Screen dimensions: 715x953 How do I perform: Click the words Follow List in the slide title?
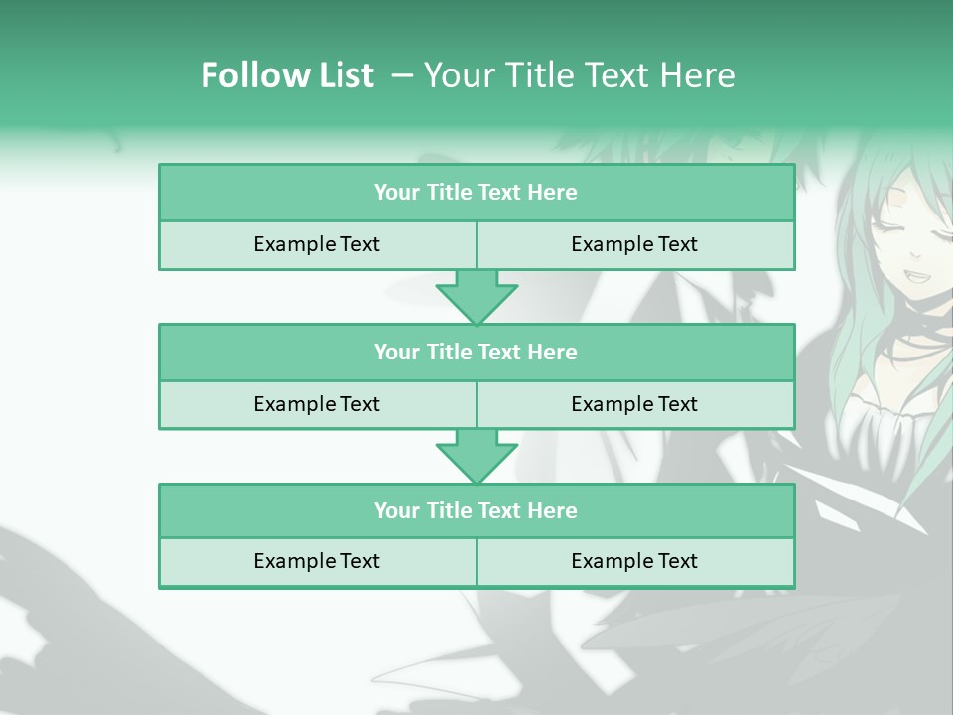tap(287, 75)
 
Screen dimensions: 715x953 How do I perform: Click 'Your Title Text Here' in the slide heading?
tap(579, 75)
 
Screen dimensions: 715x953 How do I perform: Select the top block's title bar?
tap(476, 193)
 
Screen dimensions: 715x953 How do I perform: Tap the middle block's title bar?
tap(476, 353)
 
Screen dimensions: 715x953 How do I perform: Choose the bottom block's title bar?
tap(476, 511)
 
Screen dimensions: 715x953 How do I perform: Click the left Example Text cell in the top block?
tap(317, 245)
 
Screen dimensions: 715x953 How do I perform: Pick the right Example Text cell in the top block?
tap(634, 245)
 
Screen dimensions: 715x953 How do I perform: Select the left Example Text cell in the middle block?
tap(317, 405)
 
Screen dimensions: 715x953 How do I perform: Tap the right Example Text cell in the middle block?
tap(634, 405)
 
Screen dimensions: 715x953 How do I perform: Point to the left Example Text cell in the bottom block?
tap(317, 562)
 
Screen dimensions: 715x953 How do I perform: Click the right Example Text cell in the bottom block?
tap(634, 562)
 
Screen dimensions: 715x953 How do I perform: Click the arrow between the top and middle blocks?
tap(476, 297)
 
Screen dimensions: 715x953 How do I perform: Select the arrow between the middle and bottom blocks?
tap(476, 456)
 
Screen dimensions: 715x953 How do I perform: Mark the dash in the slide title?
tap(402, 75)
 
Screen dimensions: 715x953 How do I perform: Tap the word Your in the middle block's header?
tap(396, 353)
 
